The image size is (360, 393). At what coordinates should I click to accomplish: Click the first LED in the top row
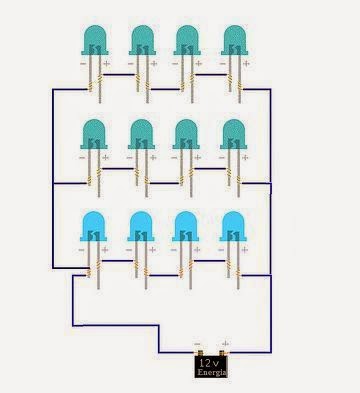pos(92,41)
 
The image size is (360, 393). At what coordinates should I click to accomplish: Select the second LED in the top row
pos(142,41)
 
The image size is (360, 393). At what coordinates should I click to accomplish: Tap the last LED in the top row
pos(236,41)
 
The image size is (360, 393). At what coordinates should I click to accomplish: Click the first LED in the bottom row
pos(92,227)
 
